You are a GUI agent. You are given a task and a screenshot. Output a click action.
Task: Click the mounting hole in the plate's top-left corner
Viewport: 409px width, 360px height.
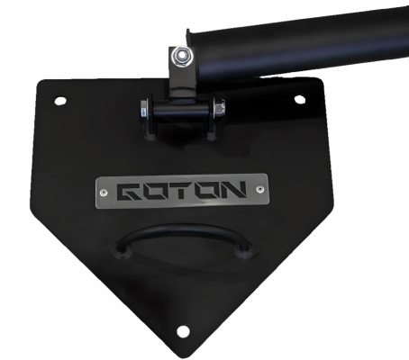click(60, 100)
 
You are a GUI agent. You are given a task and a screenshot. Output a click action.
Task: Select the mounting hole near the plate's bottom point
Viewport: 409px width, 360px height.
click(183, 331)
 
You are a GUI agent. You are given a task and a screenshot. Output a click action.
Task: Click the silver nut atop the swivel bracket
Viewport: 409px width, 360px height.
click(182, 57)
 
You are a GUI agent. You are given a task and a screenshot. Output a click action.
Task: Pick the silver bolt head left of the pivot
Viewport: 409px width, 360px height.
click(144, 113)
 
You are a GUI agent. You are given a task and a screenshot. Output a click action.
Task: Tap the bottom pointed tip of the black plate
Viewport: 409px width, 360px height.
click(183, 353)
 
